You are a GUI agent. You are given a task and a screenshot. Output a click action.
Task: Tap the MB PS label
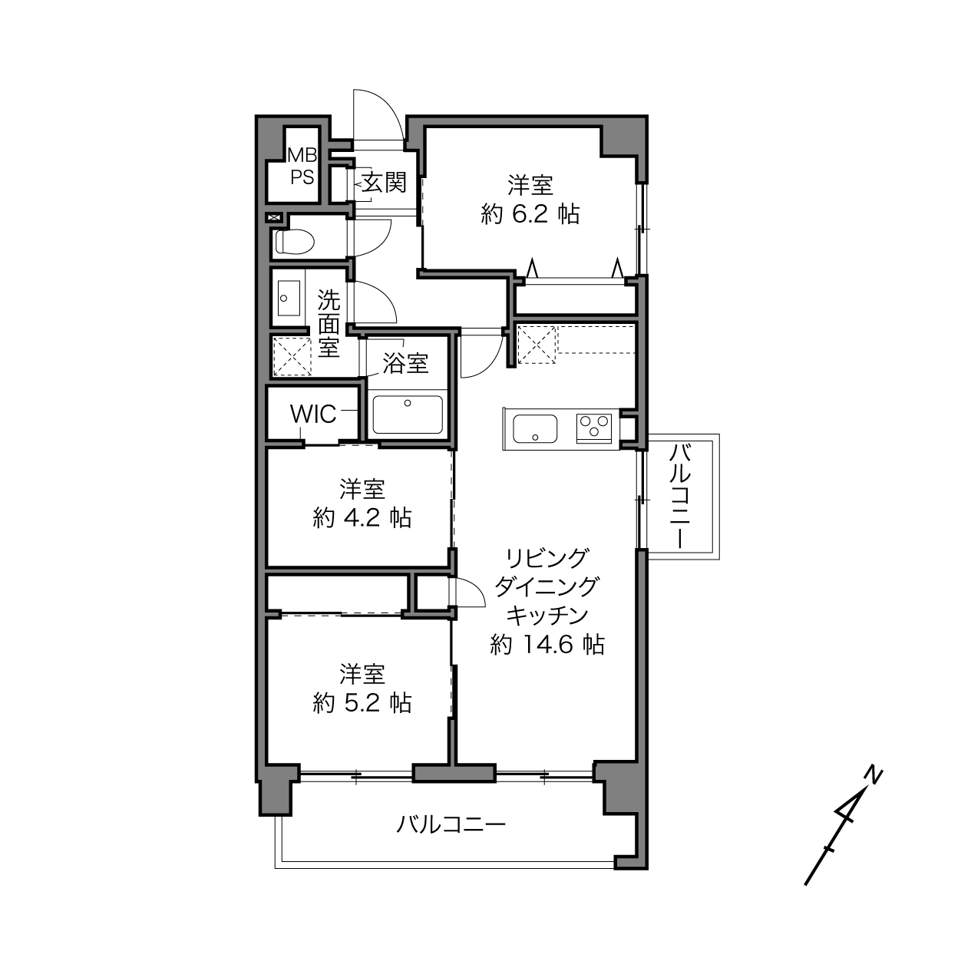tap(302, 166)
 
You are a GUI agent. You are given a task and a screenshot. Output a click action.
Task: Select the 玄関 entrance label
tap(384, 182)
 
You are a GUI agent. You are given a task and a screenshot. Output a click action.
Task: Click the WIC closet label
tap(313, 414)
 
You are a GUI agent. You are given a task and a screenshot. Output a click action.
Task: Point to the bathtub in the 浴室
tap(408, 415)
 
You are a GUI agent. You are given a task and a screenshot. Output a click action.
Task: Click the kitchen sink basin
tap(535, 428)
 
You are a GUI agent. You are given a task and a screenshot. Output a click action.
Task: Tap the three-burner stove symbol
tap(594, 428)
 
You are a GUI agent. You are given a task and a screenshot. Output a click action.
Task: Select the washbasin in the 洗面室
tap(289, 298)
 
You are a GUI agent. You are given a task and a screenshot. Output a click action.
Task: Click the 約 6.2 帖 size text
tap(530, 214)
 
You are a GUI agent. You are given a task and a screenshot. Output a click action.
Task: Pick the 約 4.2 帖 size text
tap(362, 518)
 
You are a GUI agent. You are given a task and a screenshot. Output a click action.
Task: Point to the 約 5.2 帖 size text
tap(362, 702)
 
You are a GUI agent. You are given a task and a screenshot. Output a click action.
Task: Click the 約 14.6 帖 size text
tap(547, 644)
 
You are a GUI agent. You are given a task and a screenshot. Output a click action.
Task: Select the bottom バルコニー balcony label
tap(451, 824)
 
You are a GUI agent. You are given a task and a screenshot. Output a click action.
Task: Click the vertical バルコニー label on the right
tap(679, 496)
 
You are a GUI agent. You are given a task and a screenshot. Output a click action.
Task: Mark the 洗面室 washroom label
tap(329, 324)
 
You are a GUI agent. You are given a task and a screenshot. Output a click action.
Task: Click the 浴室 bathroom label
tap(405, 363)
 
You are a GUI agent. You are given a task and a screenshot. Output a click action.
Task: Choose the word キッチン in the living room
tap(547, 616)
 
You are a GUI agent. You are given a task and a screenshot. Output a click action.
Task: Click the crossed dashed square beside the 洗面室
tap(292, 355)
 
